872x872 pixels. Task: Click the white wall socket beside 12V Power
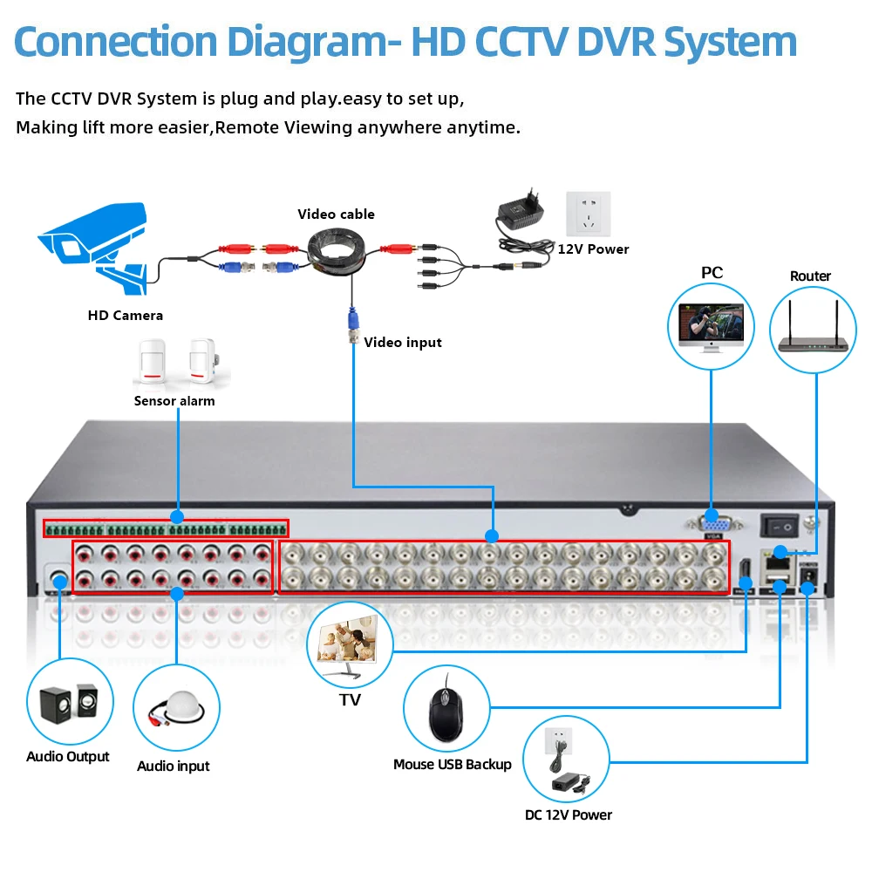click(588, 215)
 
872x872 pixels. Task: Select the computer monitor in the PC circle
click(711, 328)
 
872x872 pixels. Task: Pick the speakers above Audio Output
click(70, 703)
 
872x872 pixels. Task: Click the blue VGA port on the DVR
click(713, 524)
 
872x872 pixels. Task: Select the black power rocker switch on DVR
click(780, 526)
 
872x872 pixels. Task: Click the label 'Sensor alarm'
click(174, 401)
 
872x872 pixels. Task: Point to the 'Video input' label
click(403, 343)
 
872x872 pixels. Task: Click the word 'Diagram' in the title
click(306, 44)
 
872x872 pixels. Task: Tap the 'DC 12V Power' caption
click(568, 814)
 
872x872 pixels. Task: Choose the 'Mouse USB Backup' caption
click(452, 764)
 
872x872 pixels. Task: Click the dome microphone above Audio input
click(177, 707)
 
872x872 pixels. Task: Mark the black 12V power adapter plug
click(521, 208)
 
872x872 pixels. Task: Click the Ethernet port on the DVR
click(779, 562)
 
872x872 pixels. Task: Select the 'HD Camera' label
click(125, 316)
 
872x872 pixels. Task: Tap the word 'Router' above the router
click(810, 276)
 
